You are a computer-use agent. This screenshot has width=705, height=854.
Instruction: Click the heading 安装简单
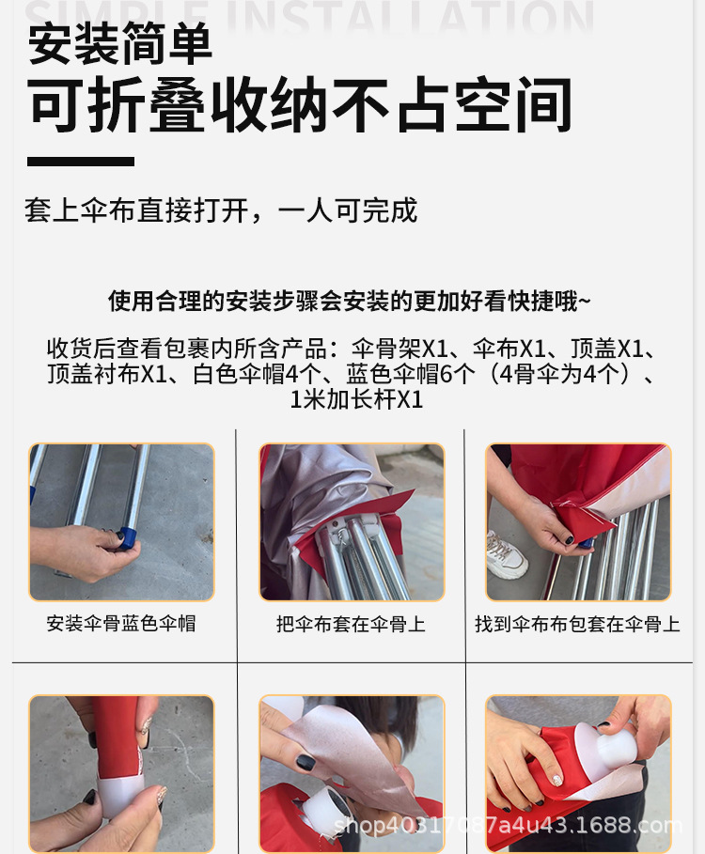(120, 43)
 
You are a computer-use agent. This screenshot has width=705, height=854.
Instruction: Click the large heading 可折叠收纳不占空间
(300, 105)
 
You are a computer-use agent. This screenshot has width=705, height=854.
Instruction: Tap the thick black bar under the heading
(81, 162)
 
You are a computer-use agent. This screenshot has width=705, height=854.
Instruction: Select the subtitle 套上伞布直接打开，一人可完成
(221, 210)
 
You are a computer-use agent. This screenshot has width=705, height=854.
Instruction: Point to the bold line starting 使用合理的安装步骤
(350, 301)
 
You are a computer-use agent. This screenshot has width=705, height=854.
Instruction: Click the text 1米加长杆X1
(356, 399)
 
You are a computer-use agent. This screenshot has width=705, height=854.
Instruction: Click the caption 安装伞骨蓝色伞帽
(121, 623)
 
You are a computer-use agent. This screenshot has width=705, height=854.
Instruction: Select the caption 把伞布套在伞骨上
(351, 624)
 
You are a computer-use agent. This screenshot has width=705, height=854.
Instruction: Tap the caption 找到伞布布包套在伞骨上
(577, 624)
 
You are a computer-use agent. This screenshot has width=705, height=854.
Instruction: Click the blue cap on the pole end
(129, 537)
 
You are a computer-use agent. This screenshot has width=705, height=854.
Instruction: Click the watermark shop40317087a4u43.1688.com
(508, 826)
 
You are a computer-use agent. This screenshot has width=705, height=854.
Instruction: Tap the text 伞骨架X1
(399, 349)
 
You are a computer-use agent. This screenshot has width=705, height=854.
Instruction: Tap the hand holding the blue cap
(82, 551)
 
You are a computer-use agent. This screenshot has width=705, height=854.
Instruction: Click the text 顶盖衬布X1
(107, 374)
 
